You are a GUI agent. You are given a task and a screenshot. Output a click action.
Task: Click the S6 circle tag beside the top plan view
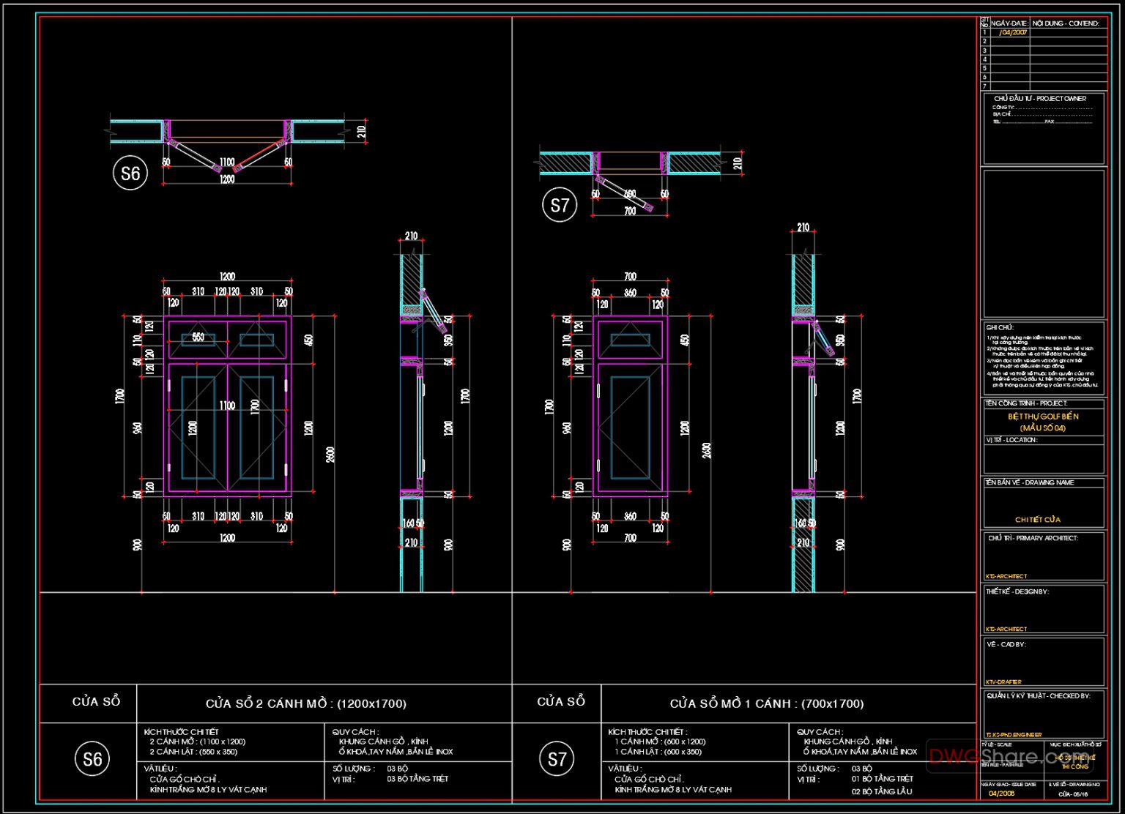tap(130, 173)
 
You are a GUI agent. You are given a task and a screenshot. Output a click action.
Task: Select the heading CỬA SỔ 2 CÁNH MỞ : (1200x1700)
tap(305, 703)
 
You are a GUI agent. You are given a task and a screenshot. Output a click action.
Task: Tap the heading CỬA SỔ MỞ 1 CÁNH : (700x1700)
tap(766, 703)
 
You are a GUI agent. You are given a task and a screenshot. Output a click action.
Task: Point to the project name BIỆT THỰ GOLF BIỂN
tap(1043, 417)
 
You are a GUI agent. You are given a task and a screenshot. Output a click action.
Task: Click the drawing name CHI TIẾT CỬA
tap(1037, 520)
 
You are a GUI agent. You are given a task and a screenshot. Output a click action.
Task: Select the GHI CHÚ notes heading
tap(999, 328)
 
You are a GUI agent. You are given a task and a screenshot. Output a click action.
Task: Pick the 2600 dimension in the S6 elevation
tap(330, 454)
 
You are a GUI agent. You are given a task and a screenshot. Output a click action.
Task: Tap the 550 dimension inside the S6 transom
tap(198, 337)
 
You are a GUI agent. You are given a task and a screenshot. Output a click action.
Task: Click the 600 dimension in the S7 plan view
tap(629, 195)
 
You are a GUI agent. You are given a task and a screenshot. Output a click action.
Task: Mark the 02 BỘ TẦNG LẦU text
tap(881, 791)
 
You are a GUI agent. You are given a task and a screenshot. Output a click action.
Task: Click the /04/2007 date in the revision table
tap(1013, 33)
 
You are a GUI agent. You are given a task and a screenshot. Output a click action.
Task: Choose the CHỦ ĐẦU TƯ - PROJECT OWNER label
tap(1039, 99)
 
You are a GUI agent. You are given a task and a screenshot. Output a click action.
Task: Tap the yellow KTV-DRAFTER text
tap(1003, 682)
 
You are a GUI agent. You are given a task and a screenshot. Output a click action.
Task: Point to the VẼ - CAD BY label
tap(1006, 645)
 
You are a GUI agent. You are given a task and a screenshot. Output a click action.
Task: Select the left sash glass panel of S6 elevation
tap(198, 427)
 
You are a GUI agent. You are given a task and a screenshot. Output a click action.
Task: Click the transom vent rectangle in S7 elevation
tap(630, 340)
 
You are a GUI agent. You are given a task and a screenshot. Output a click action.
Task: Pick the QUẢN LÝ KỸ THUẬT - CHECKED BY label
tap(1038, 696)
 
